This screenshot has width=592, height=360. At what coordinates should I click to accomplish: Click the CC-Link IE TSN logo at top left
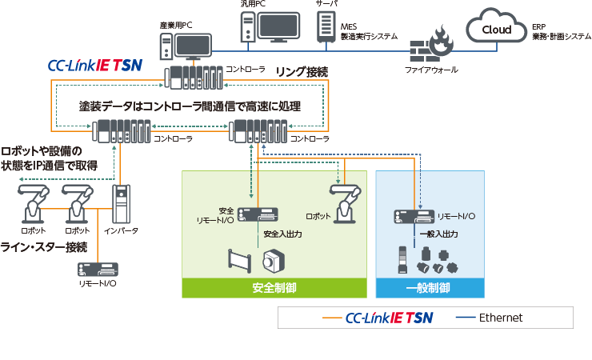pyautogui.click(x=94, y=65)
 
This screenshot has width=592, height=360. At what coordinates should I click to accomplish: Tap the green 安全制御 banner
pyautogui.click(x=274, y=287)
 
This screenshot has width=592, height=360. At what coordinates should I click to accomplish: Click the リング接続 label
pyautogui.click(x=301, y=72)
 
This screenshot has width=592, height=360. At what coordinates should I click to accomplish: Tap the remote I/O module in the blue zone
pyautogui.click(x=414, y=215)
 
